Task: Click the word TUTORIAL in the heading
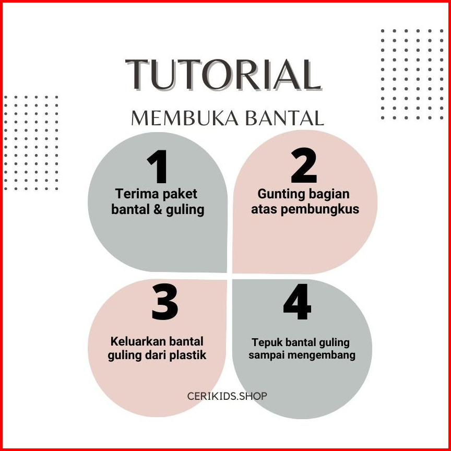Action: click(223, 75)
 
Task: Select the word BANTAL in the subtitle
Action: click(285, 118)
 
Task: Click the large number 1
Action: click(158, 167)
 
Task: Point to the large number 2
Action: click(304, 165)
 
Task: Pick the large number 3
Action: click(165, 302)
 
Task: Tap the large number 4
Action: click(298, 302)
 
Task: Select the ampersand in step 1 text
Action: click(158, 210)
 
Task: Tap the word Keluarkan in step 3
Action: click(137, 341)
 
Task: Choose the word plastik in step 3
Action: click(187, 355)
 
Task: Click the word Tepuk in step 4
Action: click(267, 343)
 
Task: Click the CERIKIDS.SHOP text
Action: click(227, 396)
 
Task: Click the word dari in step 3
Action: click(156, 355)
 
